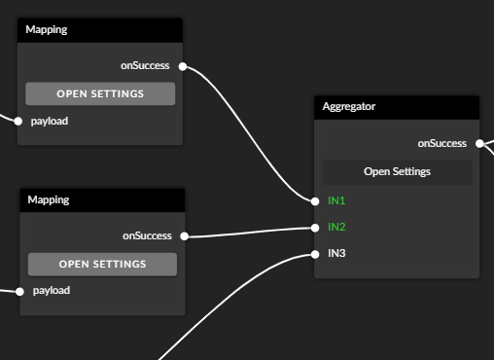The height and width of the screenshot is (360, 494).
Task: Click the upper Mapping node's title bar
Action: coord(100,29)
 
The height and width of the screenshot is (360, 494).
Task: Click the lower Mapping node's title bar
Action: coord(102,199)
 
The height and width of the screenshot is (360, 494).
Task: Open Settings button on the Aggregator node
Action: coord(397,171)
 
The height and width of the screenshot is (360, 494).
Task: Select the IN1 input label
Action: coord(336,200)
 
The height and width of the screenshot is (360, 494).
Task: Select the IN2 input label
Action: coord(336,227)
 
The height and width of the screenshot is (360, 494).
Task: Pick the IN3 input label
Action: coord(336,254)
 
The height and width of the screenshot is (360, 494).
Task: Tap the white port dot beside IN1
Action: coord(315,201)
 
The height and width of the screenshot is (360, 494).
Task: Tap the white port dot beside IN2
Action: coord(315,228)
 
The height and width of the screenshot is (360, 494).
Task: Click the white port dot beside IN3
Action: coord(315,254)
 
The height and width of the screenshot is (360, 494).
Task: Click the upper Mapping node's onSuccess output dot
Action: coord(183,67)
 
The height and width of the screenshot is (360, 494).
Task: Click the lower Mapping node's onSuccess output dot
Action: coord(185,236)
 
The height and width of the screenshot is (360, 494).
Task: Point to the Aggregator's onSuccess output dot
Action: coord(479,143)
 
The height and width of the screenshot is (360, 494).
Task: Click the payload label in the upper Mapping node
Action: coord(50,122)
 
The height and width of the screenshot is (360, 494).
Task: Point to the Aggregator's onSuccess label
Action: coord(441,143)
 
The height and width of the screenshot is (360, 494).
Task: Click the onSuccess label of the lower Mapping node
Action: coord(147,235)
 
